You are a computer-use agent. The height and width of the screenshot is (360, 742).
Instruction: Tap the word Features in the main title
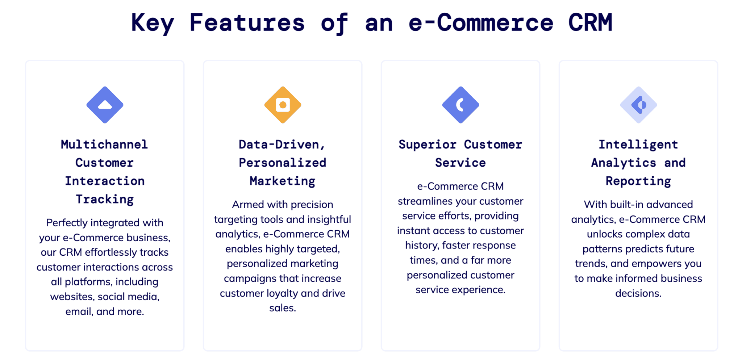[247, 22]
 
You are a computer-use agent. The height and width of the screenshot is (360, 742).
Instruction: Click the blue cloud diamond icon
[105, 105]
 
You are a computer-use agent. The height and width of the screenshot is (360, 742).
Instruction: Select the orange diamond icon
[283, 105]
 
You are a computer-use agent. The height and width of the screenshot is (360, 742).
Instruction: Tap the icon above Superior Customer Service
[460, 105]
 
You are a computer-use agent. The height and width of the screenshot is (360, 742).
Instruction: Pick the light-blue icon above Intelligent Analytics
[638, 105]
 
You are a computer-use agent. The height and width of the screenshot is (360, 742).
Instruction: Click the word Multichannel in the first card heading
[104, 145]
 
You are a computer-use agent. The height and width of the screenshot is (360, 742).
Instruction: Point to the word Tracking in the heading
[105, 199]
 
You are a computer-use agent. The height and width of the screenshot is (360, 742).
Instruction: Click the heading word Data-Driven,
[282, 145]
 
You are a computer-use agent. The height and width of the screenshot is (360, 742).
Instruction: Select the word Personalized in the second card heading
[283, 163]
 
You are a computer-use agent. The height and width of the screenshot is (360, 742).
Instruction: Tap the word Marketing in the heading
[283, 181]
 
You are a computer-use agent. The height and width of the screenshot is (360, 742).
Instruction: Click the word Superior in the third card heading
[428, 145]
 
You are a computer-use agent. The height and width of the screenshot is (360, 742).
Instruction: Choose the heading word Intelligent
[638, 145]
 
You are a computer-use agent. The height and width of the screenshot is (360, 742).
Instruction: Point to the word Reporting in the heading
[638, 181]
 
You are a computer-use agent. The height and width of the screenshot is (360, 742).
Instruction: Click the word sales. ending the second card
[283, 308]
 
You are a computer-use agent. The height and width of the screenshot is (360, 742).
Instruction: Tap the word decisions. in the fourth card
[638, 293]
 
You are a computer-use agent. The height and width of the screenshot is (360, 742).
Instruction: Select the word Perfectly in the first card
[67, 223]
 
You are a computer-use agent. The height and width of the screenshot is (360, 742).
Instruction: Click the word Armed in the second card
[248, 205]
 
